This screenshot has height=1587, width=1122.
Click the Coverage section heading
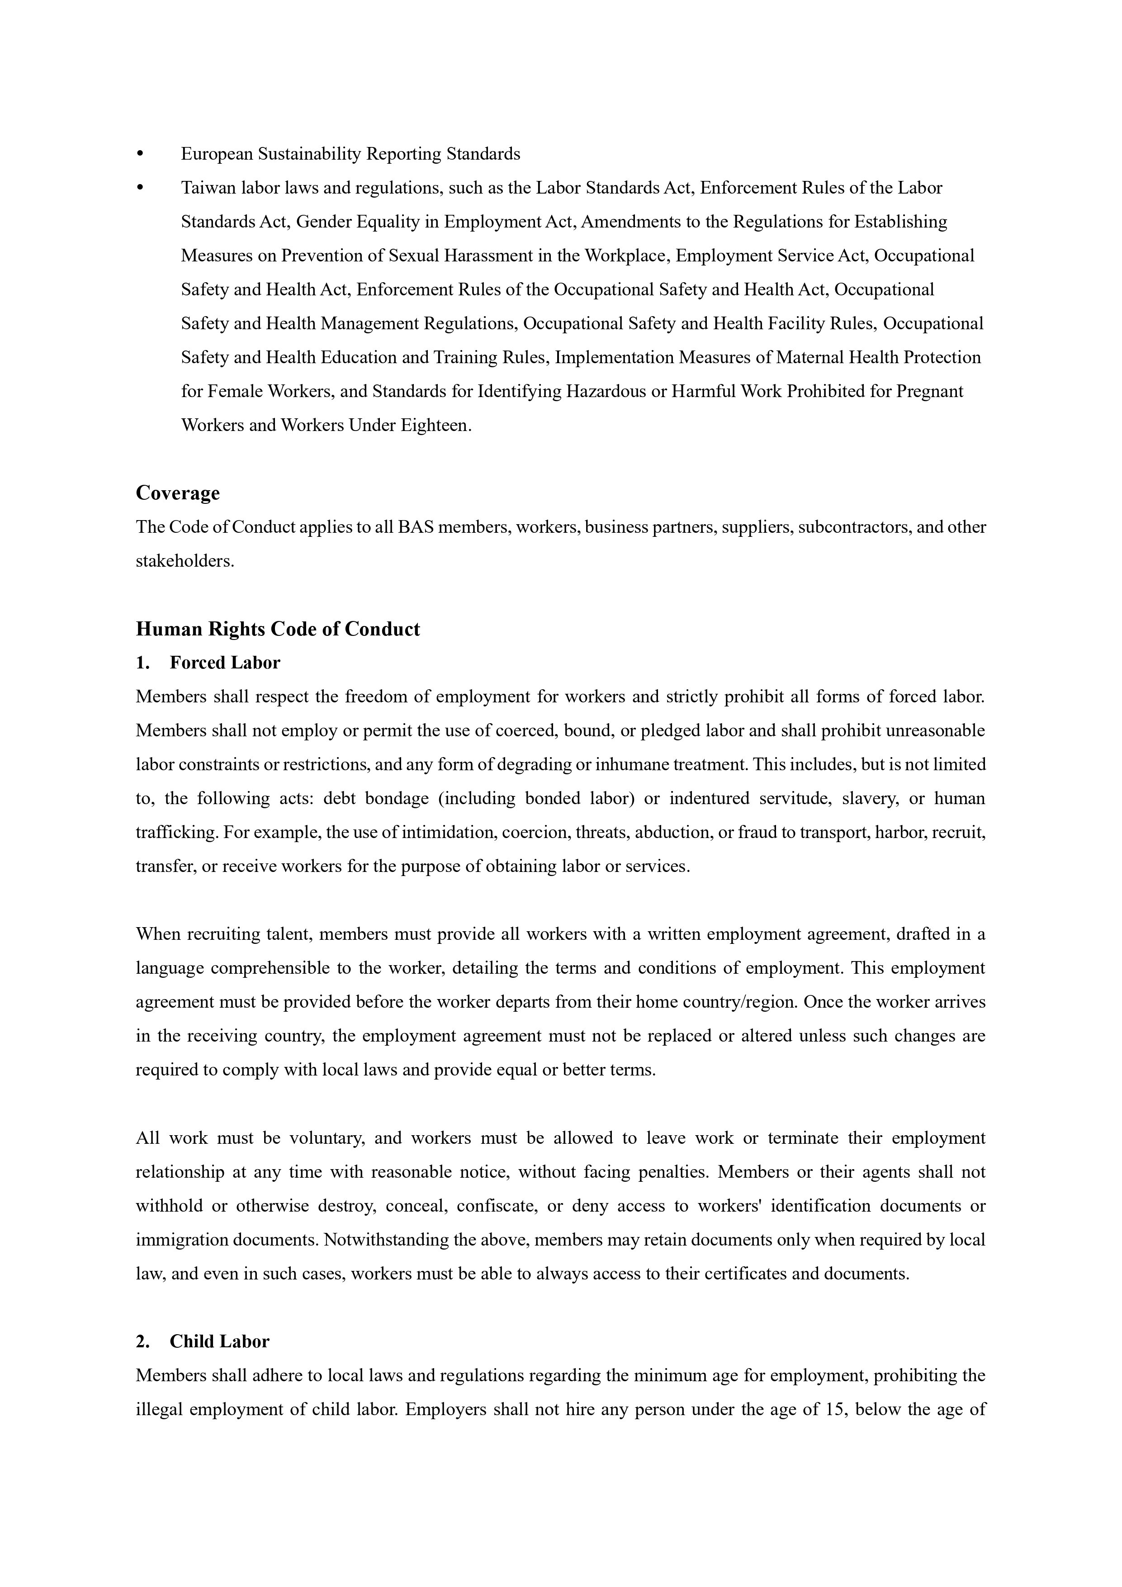pyautogui.click(x=178, y=493)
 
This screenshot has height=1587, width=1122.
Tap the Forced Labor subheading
pyautogui.click(x=225, y=663)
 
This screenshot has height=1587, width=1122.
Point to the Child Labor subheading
pyautogui.click(x=219, y=1341)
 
